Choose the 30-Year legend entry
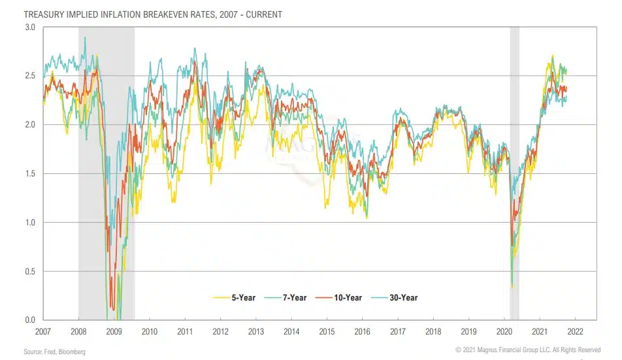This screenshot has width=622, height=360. [x=397, y=298]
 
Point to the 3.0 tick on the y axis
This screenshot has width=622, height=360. [x=30, y=27]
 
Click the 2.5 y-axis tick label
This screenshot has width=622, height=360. [x=30, y=76]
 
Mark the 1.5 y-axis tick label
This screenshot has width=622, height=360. [x=30, y=174]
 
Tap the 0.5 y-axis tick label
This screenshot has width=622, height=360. [x=30, y=272]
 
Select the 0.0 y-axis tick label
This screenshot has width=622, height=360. [x=30, y=320]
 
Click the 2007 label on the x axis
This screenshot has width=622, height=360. [x=44, y=332]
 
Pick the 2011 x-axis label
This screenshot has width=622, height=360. [x=184, y=332]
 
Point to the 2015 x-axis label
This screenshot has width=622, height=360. [x=327, y=332]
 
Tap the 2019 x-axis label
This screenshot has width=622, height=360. [x=469, y=332]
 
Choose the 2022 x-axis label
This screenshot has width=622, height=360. [x=576, y=332]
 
